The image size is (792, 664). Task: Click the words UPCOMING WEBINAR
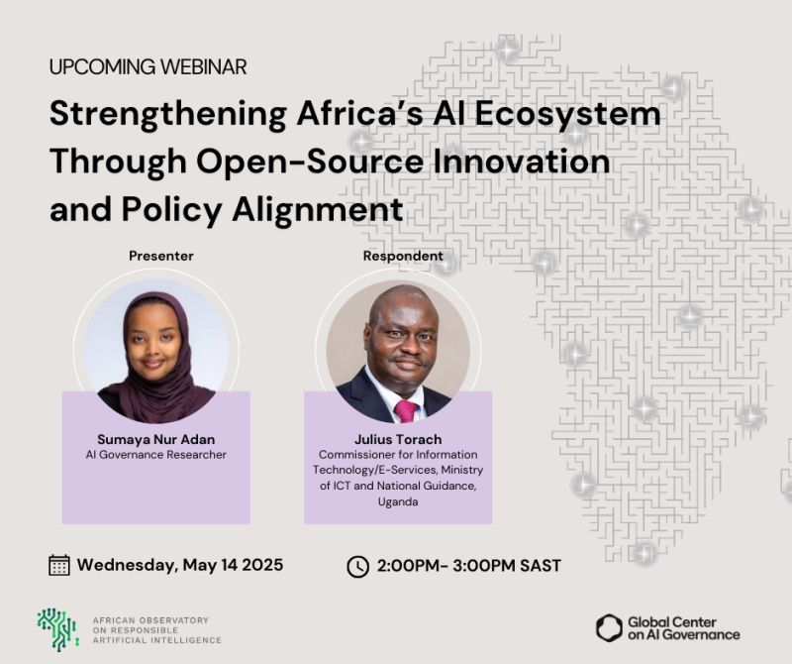click(x=148, y=67)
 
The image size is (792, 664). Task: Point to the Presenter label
click(x=161, y=256)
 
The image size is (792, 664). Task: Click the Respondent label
click(x=403, y=256)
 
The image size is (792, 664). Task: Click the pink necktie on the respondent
click(x=405, y=409)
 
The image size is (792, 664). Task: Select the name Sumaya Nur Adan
click(x=156, y=437)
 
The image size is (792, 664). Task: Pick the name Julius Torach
click(x=398, y=437)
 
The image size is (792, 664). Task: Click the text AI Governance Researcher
click(x=156, y=455)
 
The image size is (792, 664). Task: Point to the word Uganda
click(x=398, y=502)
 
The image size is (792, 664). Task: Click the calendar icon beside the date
click(x=59, y=565)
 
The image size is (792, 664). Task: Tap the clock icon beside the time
click(x=357, y=566)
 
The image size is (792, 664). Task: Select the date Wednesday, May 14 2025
click(x=180, y=565)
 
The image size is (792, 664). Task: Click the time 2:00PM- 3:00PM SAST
click(x=469, y=566)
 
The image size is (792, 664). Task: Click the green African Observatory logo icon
click(x=57, y=629)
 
